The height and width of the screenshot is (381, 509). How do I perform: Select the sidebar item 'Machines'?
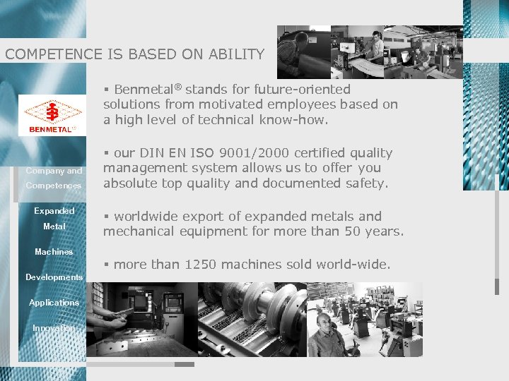(54, 252)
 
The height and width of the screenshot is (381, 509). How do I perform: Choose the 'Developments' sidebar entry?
(54, 277)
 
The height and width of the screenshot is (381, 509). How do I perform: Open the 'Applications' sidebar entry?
(54, 303)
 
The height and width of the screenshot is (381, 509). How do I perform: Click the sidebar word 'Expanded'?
(54, 211)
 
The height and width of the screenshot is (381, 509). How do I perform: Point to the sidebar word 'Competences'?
(54, 186)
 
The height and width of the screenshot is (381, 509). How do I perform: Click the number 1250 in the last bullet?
(201, 265)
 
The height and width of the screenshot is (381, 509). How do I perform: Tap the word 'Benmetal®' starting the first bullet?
(147, 90)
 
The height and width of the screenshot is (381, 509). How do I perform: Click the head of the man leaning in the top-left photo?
(301, 37)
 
